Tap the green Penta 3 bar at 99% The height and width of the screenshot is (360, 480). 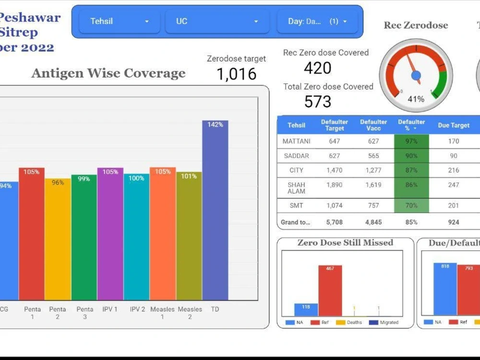(x=84, y=237)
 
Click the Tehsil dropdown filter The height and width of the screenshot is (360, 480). (x=120, y=22)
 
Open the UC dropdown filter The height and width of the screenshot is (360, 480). (x=217, y=22)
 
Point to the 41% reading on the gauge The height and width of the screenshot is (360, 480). (x=416, y=99)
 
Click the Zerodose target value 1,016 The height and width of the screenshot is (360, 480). (x=236, y=74)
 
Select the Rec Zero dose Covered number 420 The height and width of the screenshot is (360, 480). (x=317, y=68)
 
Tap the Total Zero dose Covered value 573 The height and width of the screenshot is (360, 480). (x=317, y=102)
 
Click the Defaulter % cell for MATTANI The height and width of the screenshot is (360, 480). (x=411, y=141)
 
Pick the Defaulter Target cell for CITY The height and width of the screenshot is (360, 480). (x=334, y=170)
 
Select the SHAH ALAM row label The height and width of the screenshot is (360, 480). (x=296, y=188)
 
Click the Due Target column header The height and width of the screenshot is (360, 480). (x=453, y=125)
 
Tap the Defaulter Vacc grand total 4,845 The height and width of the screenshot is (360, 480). (x=373, y=222)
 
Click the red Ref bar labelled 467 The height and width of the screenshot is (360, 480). (x=330, y=291)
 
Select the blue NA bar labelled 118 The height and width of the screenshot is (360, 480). (x=306, y=310)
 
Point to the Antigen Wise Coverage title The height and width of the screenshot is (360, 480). (x=108, y=73)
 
